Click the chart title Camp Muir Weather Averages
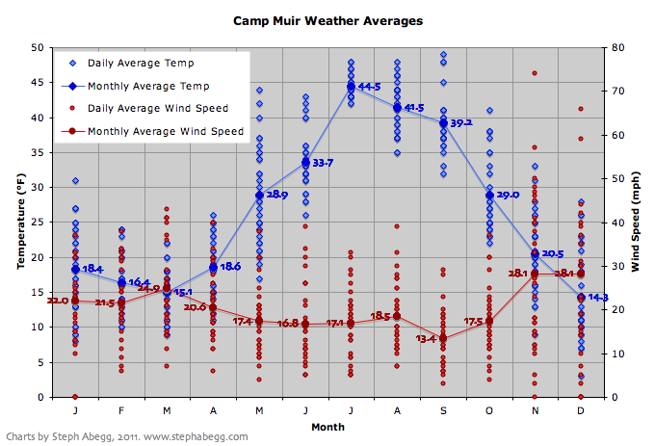click(x=327, y=19)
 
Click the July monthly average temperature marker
click(x=351, y=87)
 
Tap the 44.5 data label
click(x=369, y=87)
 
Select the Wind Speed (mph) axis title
click(x=637, y=222)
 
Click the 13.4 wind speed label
click(x=426, y=339)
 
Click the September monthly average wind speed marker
click(x=443, y=338)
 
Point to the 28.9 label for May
click(x=276, y=195)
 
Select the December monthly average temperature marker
click(x=581, y=298)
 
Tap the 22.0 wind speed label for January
click(x=58, y=302)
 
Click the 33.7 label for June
click(x=323, y=163)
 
